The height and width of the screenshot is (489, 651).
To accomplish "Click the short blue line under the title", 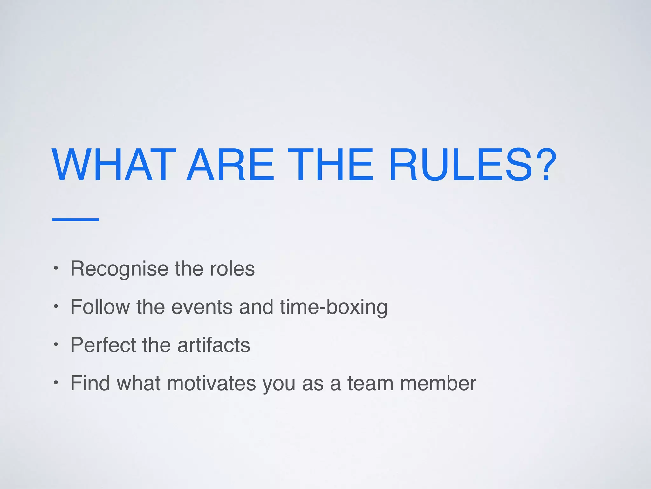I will [x=76, y=219].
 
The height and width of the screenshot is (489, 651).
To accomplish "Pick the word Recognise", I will [x=119, y=269].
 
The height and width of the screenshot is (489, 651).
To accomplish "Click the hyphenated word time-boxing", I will [x=334, y=307].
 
